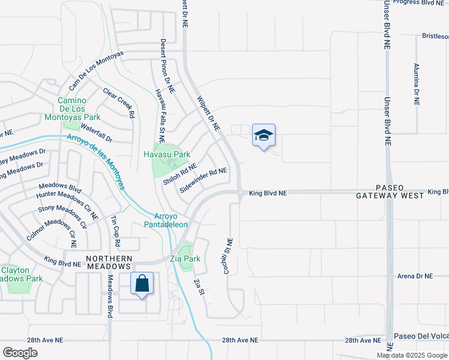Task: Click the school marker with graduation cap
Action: click(x=264, y=136)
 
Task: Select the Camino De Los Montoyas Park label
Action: click(x=73, y=109)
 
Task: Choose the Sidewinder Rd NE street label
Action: click(x=203, y=179)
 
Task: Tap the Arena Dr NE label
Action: click(x=415, y=276)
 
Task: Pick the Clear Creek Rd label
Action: click(x=119, y=103)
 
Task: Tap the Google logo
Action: click(x=20, y=352)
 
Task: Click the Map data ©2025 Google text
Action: click(x=411, y=355)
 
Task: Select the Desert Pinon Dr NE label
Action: click(x=166, y=66)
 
